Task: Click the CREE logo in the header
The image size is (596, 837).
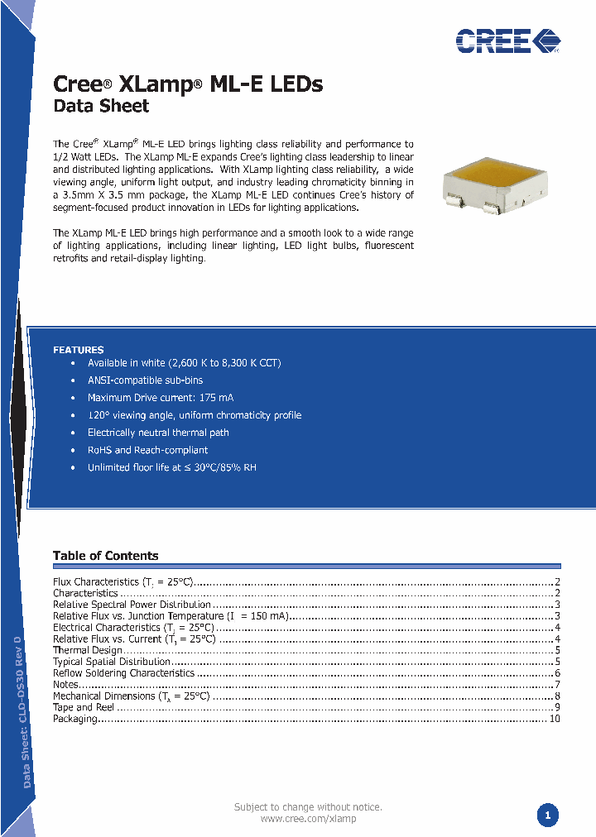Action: [507, 40]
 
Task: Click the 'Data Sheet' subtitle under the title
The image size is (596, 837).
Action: [101, 106]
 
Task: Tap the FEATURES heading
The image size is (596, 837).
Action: [79, 350]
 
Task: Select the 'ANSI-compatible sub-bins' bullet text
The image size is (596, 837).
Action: [145, 380]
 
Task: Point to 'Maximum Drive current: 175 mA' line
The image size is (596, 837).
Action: [161, 398]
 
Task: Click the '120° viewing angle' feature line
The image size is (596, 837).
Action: [194, 415]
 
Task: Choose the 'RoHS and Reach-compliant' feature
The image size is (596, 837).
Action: [147, 450]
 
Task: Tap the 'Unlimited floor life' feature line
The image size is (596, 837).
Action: [171, 467]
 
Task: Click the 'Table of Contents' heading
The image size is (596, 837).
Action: [105, 556]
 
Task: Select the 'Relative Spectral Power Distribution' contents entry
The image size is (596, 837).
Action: [132, 605]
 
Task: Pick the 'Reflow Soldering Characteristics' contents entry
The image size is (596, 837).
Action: [123, 673]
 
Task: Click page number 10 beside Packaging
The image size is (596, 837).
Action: [555, 719]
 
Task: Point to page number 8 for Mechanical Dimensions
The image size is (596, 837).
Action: [558, 696]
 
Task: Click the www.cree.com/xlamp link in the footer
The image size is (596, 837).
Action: [308, 819]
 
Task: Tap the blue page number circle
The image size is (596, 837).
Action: [546, 815]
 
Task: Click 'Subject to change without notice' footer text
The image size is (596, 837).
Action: [308, 806]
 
